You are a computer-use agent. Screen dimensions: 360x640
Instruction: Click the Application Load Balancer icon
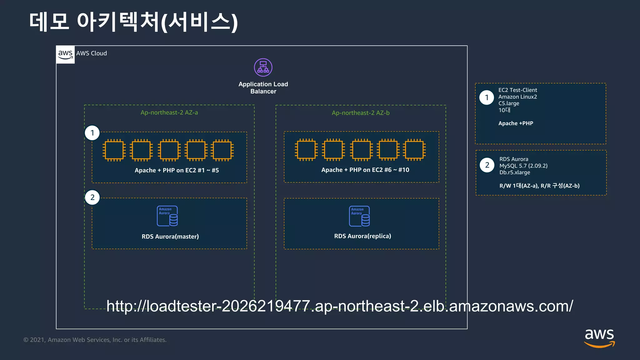(263, 67)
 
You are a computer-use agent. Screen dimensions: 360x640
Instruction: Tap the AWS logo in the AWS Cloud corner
(65, 54)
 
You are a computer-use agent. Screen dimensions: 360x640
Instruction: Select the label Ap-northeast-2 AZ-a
(169, 112)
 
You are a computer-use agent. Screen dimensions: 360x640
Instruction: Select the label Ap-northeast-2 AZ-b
(361, 113)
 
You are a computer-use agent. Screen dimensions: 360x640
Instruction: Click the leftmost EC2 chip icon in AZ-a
(114, 150)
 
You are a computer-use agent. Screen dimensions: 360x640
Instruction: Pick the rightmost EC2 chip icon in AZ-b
(414, 150)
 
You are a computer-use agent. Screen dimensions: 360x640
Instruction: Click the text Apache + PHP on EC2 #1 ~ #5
(177, 170)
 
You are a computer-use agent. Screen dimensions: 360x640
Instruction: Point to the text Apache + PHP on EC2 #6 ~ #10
(365, 170)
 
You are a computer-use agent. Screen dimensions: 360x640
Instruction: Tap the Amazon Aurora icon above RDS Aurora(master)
(167, 216)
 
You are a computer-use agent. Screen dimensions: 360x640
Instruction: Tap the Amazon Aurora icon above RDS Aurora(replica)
(359, 216)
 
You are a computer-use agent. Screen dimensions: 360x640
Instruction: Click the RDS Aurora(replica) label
(362, 236)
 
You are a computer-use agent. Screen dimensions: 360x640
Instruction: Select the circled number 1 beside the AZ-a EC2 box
(92, 133)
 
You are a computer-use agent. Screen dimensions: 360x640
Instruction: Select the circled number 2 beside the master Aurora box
(92, 197)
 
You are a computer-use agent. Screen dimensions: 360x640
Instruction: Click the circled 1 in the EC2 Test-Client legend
(487, 97)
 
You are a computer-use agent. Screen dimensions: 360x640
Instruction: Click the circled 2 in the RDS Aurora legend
(487, 165)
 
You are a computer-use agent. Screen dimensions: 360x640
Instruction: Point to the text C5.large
(508, 103)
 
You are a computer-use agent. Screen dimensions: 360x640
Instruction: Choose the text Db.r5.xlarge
(514, 172)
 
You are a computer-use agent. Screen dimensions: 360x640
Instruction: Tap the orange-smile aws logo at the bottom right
(599, 338)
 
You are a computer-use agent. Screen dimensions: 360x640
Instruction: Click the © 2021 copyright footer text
(95, 340)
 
